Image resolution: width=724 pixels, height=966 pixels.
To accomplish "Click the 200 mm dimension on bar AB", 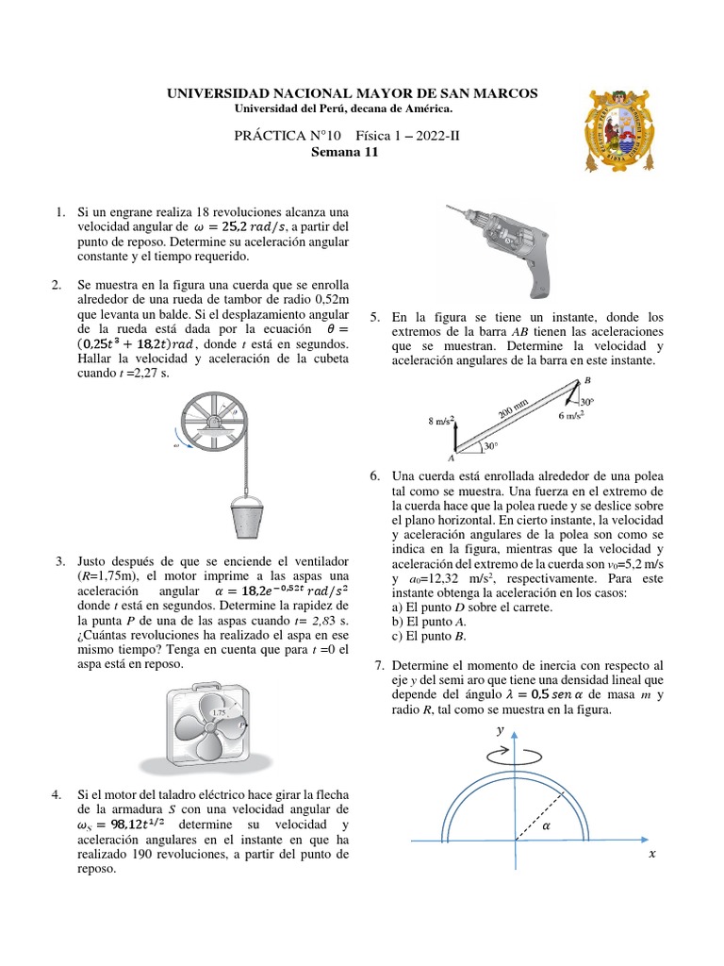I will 515,407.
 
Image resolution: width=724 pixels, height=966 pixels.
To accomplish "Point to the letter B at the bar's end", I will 588,379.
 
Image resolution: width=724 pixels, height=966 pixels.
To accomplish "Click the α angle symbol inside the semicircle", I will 548,823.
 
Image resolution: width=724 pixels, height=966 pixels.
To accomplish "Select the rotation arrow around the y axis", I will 515,755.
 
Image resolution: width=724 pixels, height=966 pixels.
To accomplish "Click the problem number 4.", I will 58,795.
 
